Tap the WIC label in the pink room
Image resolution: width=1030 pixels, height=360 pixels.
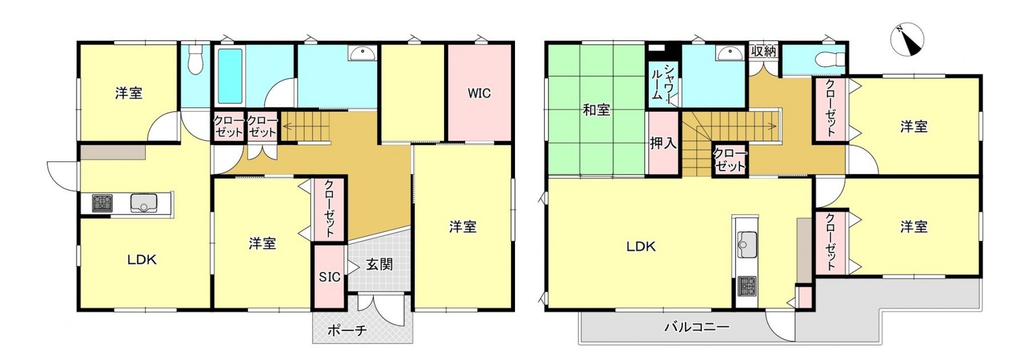coord(479,93)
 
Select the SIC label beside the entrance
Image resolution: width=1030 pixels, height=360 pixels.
coord(329,277)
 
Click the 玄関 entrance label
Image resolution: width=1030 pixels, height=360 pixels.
coord(379,264)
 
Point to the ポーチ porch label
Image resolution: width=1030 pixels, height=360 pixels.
coord(347,330)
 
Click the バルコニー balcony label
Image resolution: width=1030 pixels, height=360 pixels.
coord(696,327)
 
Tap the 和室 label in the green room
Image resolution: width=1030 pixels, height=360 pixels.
coord(596,109)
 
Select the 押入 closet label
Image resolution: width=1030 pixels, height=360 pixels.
coord(663,143)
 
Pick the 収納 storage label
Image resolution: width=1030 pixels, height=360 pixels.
coord(763,51)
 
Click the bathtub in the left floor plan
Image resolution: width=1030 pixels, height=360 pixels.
coord(230,76)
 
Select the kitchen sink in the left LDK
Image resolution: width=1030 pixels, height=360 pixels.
coord(144,203)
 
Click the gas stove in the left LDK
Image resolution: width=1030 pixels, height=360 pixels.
coord(102,203)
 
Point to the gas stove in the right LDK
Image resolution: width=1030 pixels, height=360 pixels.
coord(746,285)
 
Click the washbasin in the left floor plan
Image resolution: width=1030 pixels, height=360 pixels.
coord(362,54)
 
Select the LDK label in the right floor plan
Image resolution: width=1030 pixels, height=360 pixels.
coord(641,247)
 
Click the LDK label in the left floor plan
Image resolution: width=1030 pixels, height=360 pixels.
coord(141,260)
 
